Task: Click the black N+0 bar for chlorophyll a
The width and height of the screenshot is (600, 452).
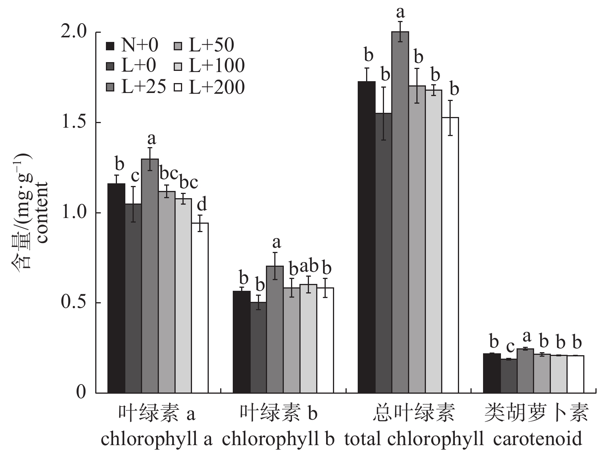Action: click(116, 288)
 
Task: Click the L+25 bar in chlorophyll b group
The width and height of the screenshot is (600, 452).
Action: click(275, 329)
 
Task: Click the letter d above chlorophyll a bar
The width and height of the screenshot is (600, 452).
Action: click(202, 205)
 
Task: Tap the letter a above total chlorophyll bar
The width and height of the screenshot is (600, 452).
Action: click(400, 12)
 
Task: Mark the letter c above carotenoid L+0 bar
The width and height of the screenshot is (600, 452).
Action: click(510, 347)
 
